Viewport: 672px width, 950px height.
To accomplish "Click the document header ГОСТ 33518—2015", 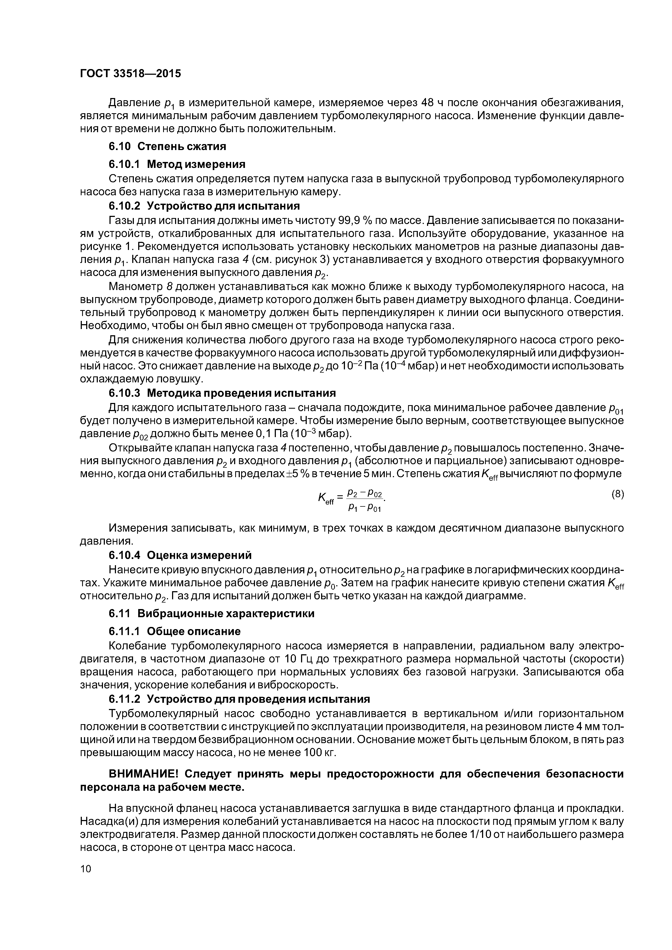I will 130,74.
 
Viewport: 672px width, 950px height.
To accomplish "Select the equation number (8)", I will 617,495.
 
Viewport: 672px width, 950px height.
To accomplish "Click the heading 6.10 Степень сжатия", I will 167,147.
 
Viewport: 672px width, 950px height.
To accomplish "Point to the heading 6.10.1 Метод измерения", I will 177,165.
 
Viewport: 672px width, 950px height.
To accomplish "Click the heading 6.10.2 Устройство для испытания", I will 204,206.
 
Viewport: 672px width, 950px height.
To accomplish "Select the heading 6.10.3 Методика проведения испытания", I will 222,393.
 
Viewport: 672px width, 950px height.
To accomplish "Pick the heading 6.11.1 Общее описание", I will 174,632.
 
